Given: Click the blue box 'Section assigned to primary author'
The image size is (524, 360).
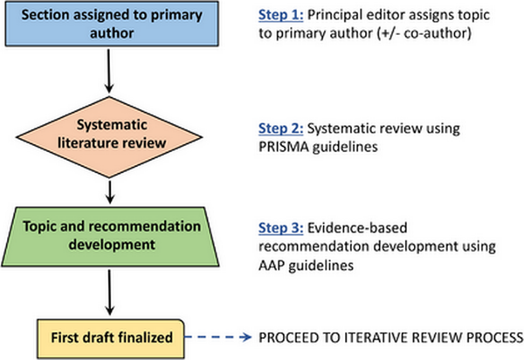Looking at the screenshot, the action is (x=112, y=24).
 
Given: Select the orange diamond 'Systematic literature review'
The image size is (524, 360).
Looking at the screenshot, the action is (x=109, y=137).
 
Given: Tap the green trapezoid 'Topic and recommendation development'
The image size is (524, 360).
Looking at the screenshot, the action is (x=110, y=237).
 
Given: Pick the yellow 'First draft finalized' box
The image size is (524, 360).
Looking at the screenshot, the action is (x=111, y=339).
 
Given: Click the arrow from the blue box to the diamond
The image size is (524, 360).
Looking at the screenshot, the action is (x=109, y=71).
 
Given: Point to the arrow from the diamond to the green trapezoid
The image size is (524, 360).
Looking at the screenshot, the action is (x=110, y=192).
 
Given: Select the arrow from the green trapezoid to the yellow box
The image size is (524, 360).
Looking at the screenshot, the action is (x=110, y=293).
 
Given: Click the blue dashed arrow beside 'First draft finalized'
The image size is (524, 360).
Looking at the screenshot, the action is (x=218, y=337).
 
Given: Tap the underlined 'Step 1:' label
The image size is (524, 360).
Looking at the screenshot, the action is (x=280, y=15).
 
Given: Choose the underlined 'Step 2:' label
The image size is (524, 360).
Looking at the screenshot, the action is (x=280, y=128).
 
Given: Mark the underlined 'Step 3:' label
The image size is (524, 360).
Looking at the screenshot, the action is (x=280, y=228).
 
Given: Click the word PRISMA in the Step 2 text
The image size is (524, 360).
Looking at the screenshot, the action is (x=284, y=147).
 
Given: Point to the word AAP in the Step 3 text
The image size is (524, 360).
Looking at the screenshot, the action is (x=272, y=266).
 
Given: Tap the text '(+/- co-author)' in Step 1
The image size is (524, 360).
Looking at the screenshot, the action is (x=424, y=33).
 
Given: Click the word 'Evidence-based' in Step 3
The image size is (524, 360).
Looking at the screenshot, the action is (x=357, y=228).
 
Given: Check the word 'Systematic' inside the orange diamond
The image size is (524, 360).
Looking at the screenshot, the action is (x=112, y=125).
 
